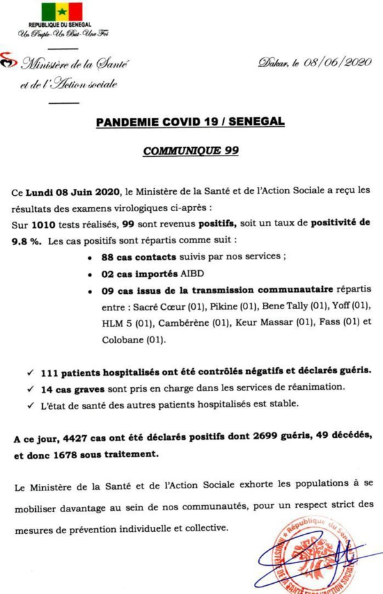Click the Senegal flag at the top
(x=62, y=12)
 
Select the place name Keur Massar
(x=262, y=324)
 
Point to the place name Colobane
(x=124, y=341)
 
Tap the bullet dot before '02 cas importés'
(x=92, y=276)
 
